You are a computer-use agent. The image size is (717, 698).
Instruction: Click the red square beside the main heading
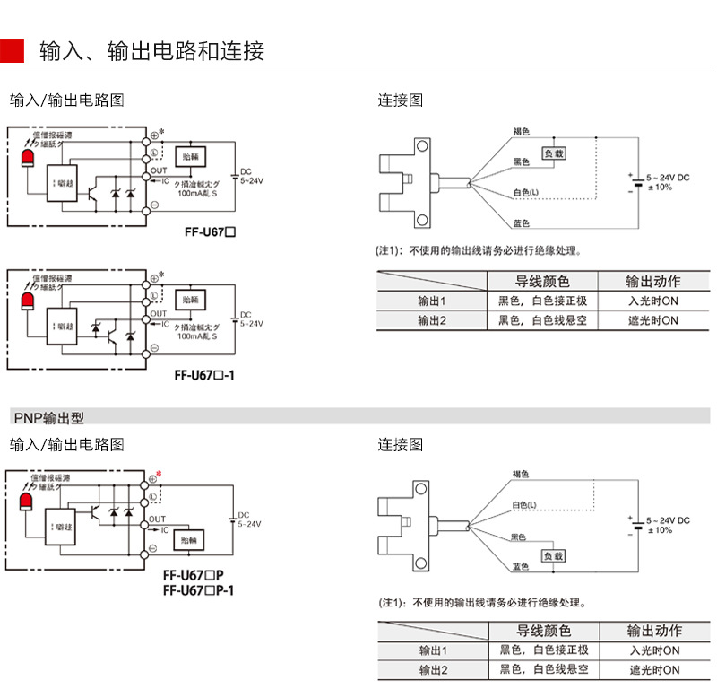[13, 51]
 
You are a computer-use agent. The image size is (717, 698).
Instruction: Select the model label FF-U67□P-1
[199, 589]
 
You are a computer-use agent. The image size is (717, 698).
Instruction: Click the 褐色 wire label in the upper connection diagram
[522, 132]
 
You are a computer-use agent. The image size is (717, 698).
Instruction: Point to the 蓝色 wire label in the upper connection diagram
[522, 223]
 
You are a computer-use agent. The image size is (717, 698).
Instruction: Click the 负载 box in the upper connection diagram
[555, 154]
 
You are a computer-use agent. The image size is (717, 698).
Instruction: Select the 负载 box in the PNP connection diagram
[554, 555]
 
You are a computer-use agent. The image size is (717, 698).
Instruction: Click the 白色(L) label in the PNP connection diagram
[525, 506]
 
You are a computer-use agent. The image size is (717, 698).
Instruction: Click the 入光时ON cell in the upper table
[653, 301]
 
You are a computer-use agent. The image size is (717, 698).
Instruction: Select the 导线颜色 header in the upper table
[541, 281]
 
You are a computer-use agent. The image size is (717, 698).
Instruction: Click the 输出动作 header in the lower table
[654, 631]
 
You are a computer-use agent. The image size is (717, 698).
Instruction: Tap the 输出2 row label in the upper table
[431, 320]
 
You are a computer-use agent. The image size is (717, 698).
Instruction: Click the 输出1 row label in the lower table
[433, 650]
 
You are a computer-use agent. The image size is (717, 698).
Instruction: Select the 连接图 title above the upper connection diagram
[400, 100]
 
